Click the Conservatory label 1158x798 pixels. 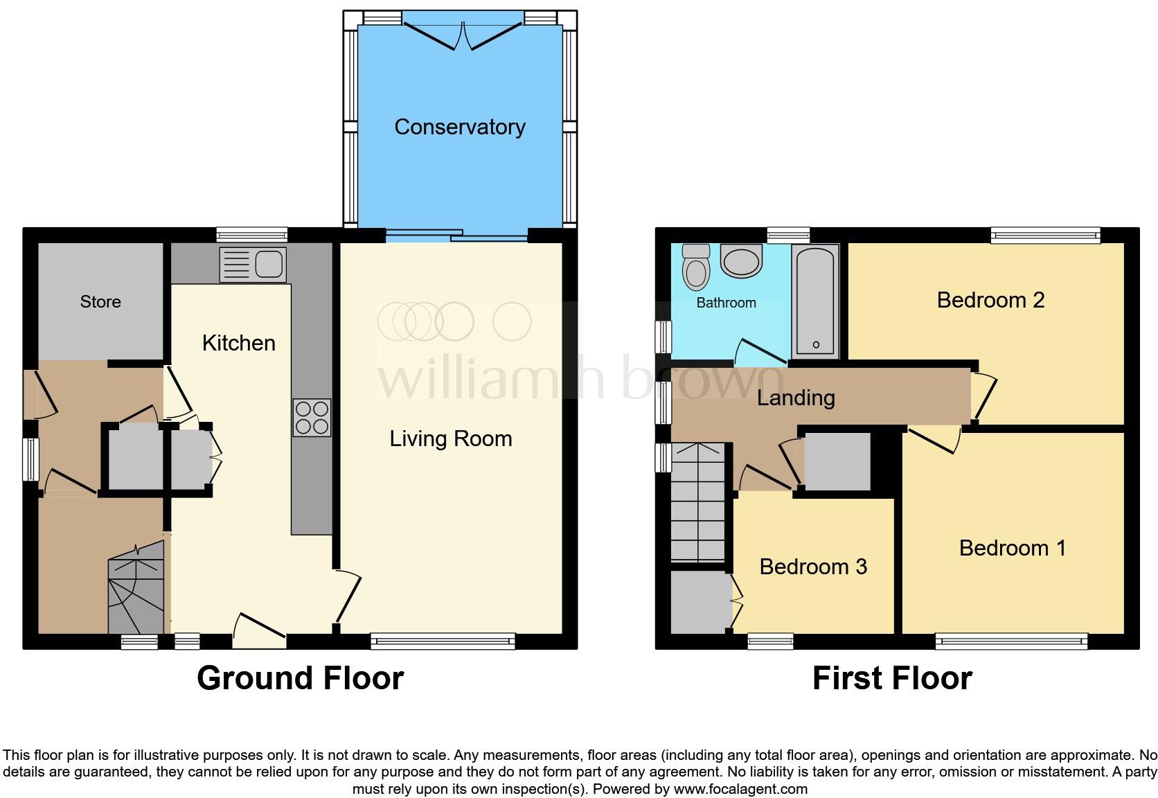(460, 127)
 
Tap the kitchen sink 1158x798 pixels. (253, 265)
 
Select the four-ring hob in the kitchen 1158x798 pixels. (312, 418)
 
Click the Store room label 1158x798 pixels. (100, 301)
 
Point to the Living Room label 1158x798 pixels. (451, 438)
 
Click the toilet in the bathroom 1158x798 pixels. (696, 267)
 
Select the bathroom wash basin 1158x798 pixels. (741, 260)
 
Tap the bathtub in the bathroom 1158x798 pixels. (816, 301)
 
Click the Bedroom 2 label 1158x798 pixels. (990, 300)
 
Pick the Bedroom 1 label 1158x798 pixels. (1013, 548)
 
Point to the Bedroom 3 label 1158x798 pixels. (813, 567)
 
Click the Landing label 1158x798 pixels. (796, 398)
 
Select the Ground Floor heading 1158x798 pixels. (301, 677)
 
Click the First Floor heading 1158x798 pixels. (892, 677)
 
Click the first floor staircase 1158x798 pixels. (698, 503)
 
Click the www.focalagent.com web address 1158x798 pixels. (740, 789)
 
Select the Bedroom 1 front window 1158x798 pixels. (1011, 641)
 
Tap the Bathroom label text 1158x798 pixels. (726, 303)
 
